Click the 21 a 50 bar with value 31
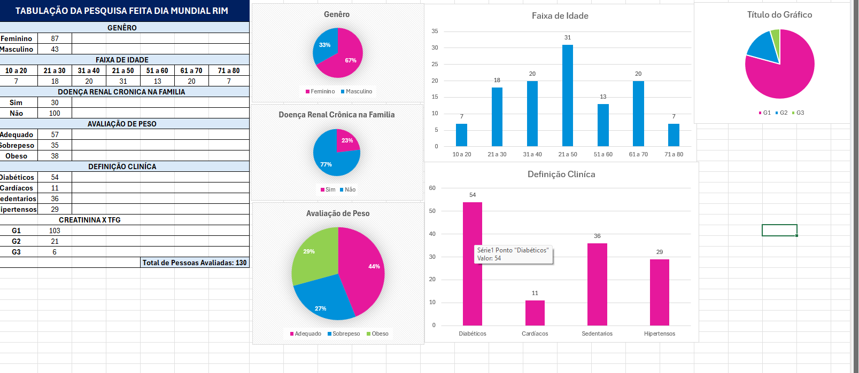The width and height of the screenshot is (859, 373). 567,96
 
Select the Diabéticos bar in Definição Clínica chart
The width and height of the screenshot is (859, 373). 472,288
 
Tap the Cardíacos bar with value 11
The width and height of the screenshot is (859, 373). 535,313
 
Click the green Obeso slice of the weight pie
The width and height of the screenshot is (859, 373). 313,253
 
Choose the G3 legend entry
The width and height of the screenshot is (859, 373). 798,113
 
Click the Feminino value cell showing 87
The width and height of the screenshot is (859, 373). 55,38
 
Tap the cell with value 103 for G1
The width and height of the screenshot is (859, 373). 55,231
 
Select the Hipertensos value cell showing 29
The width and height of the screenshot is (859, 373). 55,209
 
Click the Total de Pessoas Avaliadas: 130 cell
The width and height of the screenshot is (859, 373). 195,263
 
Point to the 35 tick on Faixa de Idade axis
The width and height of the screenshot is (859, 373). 435,31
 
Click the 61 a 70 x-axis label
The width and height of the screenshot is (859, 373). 638,154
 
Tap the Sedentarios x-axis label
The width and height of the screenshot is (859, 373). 597,334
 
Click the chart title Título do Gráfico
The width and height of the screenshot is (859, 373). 779,15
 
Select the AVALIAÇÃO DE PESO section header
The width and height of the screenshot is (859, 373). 122,124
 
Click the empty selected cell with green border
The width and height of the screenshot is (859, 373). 779,230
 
